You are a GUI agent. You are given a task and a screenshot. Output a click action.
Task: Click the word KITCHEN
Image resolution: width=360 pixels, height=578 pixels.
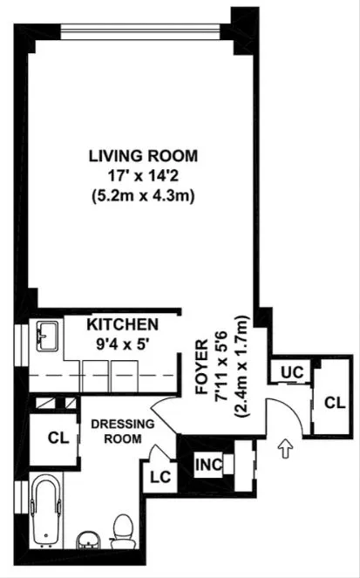(x=122, y=323)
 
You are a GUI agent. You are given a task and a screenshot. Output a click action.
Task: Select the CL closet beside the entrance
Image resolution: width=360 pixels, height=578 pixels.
(x=333, y=402)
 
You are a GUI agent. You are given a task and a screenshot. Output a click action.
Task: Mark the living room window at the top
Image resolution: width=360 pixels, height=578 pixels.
(x=139, y=25)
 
